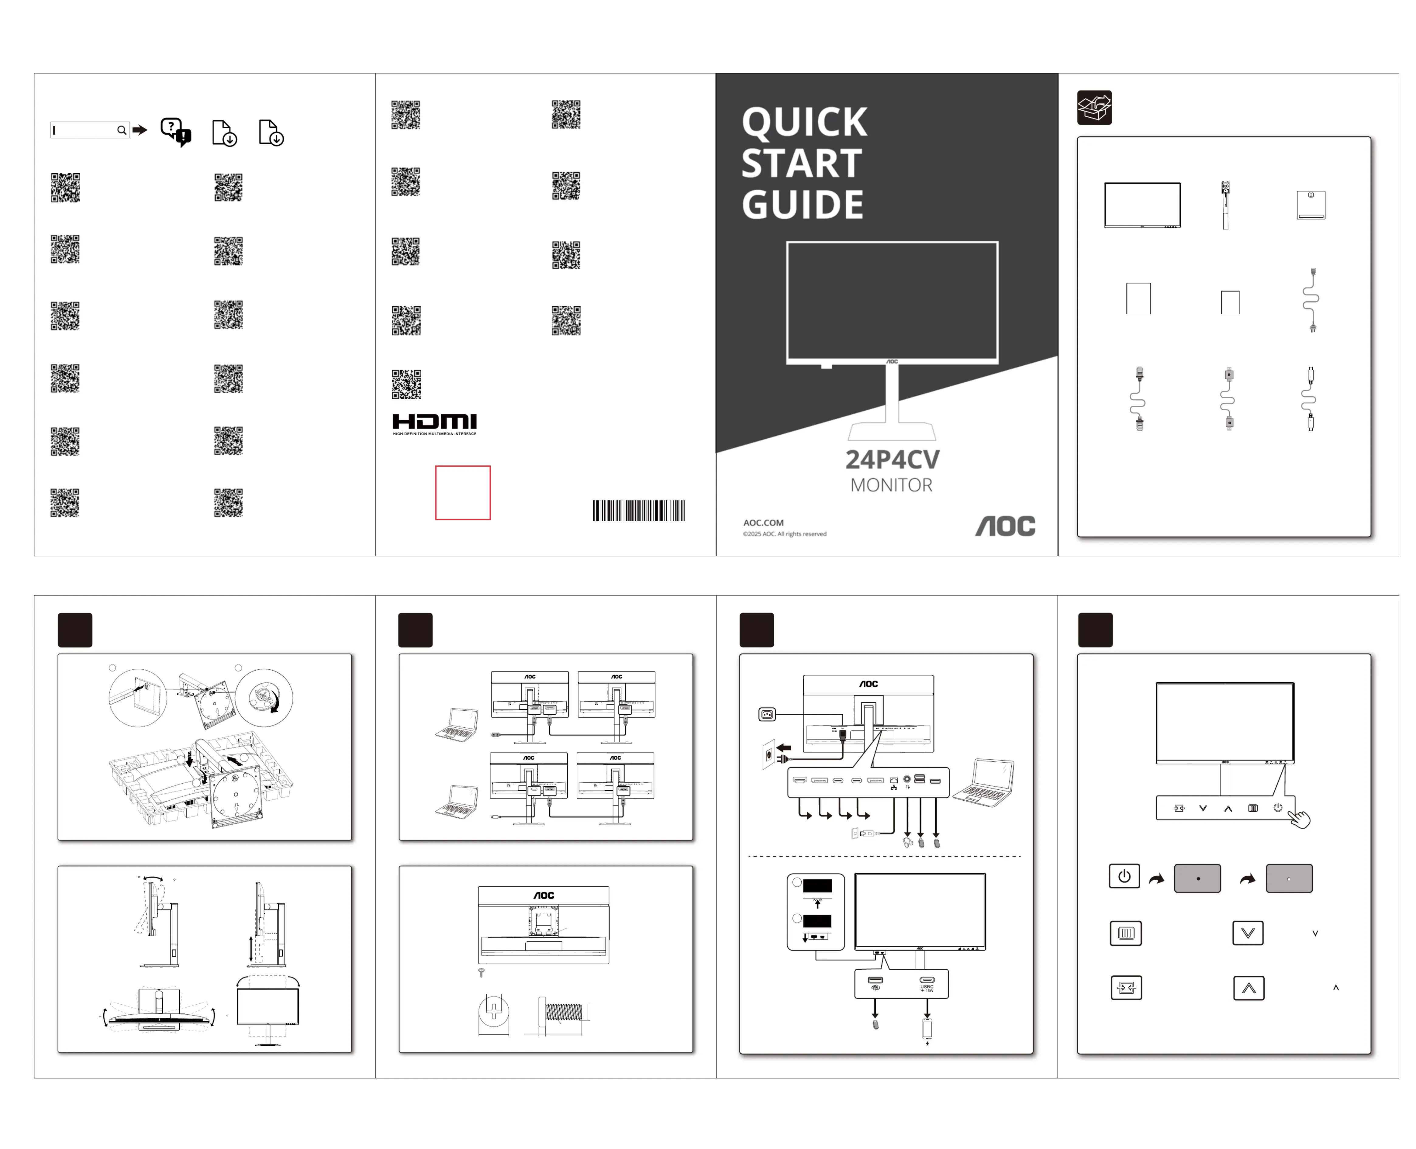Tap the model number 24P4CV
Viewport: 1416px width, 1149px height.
(x=892, y=459)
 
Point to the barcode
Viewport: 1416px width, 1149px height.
(x=638, y=510)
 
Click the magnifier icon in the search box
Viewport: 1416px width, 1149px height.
(x=122, y=130)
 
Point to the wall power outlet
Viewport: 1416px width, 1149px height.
(x=768, y=754)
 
